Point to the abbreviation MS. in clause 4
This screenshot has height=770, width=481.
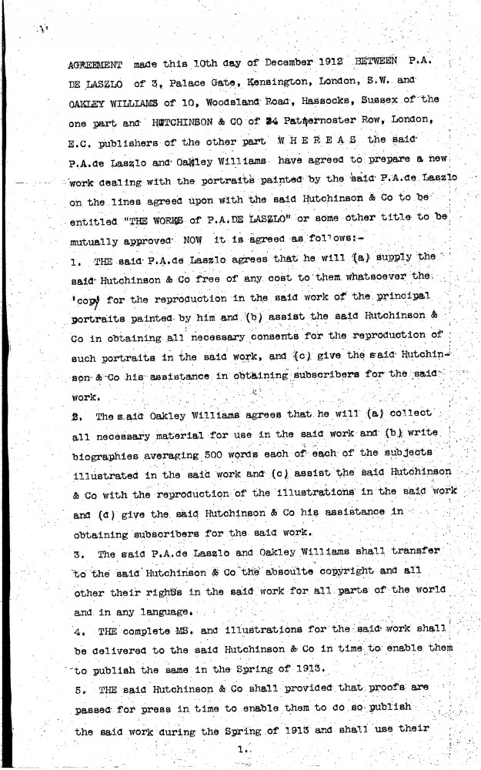[x=194, y=630]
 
